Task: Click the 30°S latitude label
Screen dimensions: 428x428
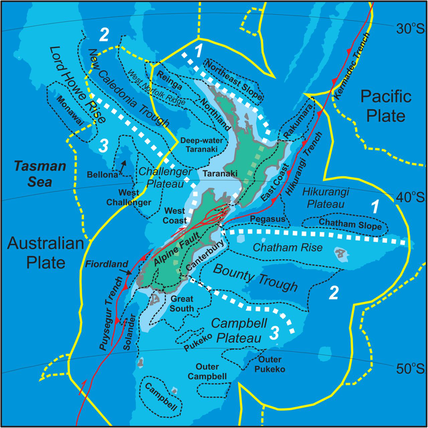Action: pyautogui.click(x=410, y=29)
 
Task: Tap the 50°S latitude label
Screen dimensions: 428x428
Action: pyautogui.click(x=410, y=369)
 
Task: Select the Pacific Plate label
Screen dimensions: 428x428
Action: pyautogui.click(x=386, y=106)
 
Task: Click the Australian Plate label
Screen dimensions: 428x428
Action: pyautogui.click(x=45, y=253)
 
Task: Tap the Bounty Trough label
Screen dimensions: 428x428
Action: pyautogui.click(x=255, y=277)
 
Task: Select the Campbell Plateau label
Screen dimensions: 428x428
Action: pyautogui.click(x=239, y=330)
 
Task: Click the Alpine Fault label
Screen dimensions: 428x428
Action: pyautogui.click(x=177, y=249)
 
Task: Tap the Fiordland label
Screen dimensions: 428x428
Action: pyautogui.click(x=106, y=264)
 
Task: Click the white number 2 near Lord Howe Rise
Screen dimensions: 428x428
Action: pyautogui.click(x=104, y=35)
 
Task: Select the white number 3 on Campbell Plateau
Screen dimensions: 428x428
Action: pyautogui.click(x=274, y=333)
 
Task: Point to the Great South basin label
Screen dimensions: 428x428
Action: pyautogui.click(x=182, y=303)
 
